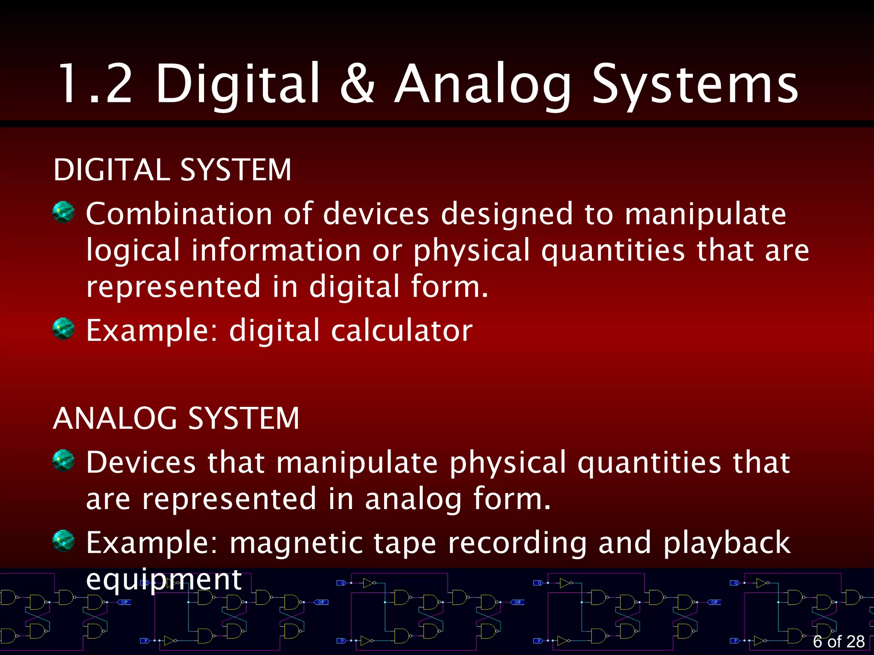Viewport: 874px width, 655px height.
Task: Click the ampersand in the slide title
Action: [x=358, y=84]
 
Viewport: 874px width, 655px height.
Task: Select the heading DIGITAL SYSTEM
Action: [x=172, y=170]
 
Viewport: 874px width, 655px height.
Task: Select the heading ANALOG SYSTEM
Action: [x=176, y=418]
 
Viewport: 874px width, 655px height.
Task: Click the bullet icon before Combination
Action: [x=64, y=212]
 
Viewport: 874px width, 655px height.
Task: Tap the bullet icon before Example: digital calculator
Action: [x=64, y=328]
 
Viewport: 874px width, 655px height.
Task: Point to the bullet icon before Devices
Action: [x=64, y=461]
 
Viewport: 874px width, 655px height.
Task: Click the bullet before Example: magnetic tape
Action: [x=64, y=541]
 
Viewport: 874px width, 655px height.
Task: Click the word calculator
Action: [x=402, y=330]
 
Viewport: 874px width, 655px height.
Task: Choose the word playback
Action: [x=727, y=543]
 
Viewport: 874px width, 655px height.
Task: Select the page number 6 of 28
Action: [x=839, y=641]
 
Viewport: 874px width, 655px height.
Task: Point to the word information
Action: [x=276, y=250]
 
